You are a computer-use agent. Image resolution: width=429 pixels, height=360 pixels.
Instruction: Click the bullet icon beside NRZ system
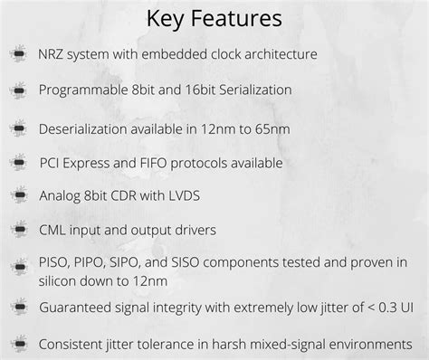click(18, 53)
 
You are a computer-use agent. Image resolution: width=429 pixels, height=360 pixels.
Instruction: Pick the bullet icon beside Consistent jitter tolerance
click(18, 344)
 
